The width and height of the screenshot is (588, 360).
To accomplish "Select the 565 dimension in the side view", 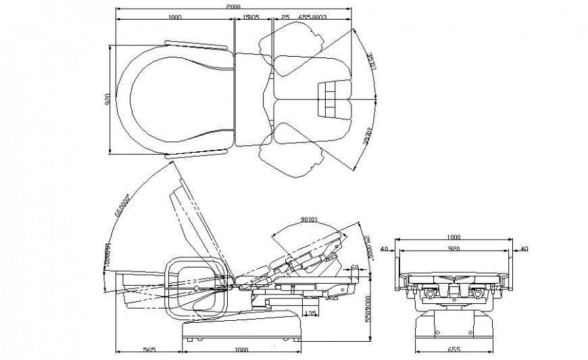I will tap(150, 349).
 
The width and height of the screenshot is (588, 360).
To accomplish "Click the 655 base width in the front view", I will tap(453, 349).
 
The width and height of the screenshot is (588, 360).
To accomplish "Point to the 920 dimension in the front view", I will tap(453, 249).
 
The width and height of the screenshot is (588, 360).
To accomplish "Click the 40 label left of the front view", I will tap(385, 249).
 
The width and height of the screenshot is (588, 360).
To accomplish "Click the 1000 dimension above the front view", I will tap(453, 237).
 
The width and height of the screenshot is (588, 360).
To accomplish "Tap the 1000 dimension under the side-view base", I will tap(241, 349).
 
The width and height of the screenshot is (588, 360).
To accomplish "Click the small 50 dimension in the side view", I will tap(353, 267).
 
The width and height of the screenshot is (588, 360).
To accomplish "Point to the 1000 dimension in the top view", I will tap(176, 17).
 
